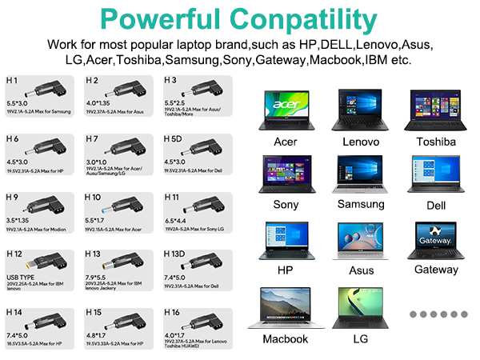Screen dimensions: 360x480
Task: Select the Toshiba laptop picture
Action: click(x=435, y=110)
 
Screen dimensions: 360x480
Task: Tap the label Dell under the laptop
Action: click(x=435, y=205)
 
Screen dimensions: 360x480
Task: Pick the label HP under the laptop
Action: click(x=285, y=270)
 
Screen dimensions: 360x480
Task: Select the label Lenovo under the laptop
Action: click(x=360, y=142)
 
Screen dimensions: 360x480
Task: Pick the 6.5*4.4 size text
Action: click(x=178, y=219)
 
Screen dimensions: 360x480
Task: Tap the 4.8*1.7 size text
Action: click(x=101, y=335)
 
